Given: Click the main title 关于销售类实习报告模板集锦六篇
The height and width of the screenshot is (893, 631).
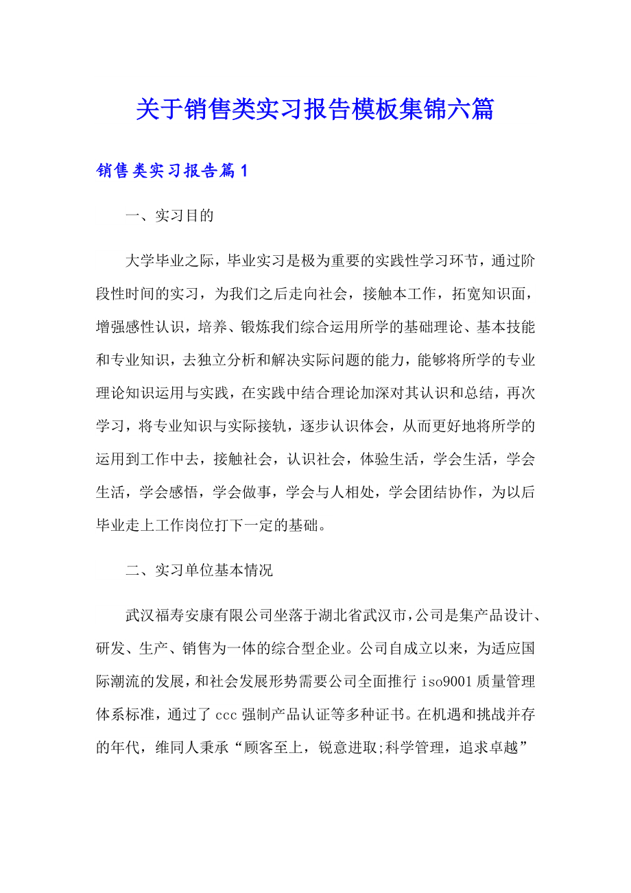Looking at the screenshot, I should [x=315, y=109].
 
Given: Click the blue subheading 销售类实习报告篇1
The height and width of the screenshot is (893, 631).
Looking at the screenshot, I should [x=171, y=171].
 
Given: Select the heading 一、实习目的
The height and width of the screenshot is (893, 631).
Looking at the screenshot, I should [x=170, y=216].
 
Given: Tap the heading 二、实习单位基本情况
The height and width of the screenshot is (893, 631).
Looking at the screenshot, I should [x=199, y=571].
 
